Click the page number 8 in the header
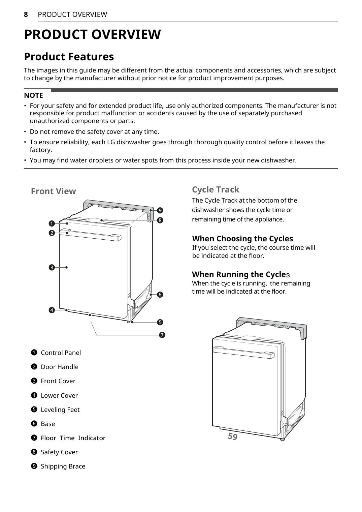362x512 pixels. click(x=26, y=14)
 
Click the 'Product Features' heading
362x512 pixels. click(x=69, y=57)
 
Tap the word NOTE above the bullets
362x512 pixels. click(x=33, y=95)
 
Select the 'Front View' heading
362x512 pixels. click(x=54, y=191)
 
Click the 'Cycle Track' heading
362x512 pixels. click(x=216, y=189)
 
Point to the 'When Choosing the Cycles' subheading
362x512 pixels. click(x=242, y=239)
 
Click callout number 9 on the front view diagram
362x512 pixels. click(x=160, y=211)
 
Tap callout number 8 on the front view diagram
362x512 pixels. click(x=160, y=220)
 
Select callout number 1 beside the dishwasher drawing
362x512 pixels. click(x=52, y=223)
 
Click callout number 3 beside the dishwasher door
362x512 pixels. click(x=52, y=268)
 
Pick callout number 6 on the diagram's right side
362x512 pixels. click(x=160, y=295)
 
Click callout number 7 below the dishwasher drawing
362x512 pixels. click(x=162, y=335)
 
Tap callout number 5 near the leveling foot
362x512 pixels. click(x=160, y=322)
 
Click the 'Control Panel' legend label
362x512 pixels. click(x=61, y=353)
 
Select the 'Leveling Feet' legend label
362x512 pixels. click(x=60, y=410)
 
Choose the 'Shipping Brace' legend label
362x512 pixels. click(x=63, y=466)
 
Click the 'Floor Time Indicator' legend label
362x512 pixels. click(x=73, y=438)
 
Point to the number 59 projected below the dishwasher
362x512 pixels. click(x=232, y=436)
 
